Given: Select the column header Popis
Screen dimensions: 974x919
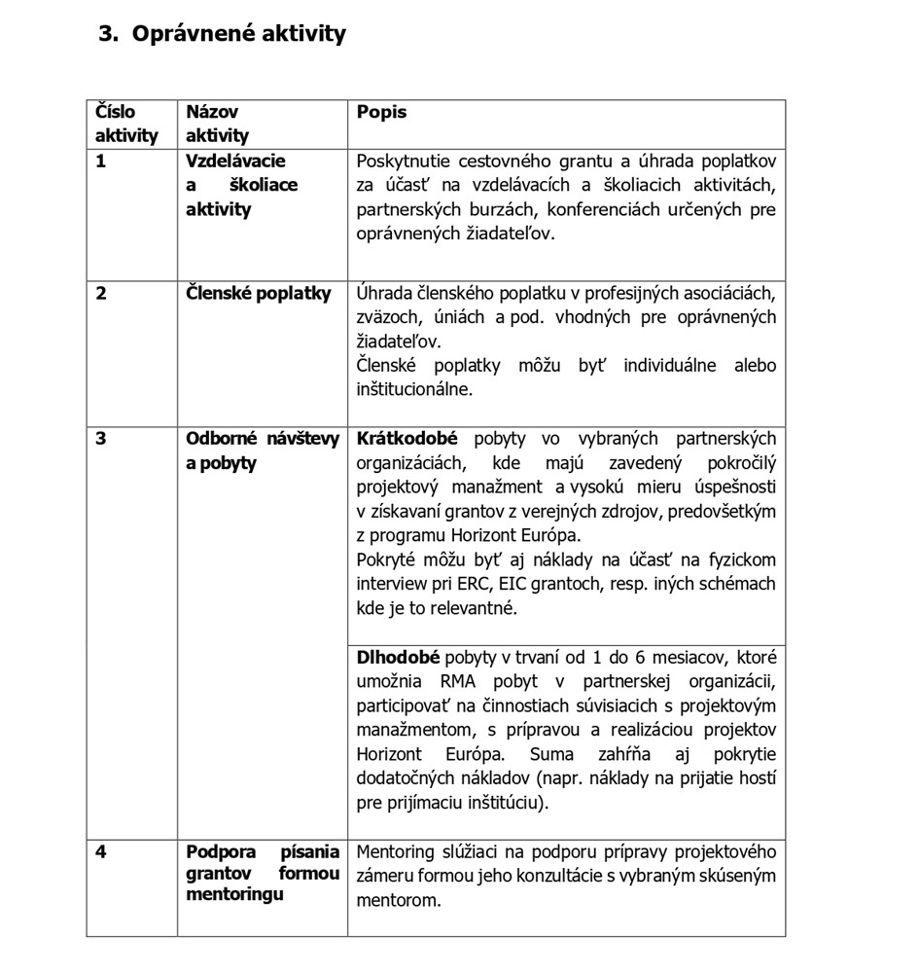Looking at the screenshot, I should click(381, 112).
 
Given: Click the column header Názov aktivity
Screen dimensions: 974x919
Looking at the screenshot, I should click(217, 124).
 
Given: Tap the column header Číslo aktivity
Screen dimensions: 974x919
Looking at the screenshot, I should click(125, 124).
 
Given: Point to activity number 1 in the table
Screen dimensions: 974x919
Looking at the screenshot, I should click(100, 161).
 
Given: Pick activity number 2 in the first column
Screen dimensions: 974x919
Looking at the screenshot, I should click(101, 293).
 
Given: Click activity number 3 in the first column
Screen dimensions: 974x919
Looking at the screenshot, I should click(101, 439).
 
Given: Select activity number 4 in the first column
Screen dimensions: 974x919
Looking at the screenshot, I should click(101, 852).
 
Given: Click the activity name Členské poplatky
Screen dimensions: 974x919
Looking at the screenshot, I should click(258, 293).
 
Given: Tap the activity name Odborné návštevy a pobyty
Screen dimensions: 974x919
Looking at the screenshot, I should click(262, 451).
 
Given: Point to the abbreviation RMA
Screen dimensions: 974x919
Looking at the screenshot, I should click(459, 682).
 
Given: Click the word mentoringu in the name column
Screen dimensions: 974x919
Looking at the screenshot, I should click(234, 894).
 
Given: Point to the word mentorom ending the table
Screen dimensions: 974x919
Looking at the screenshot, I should click(398, 901).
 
